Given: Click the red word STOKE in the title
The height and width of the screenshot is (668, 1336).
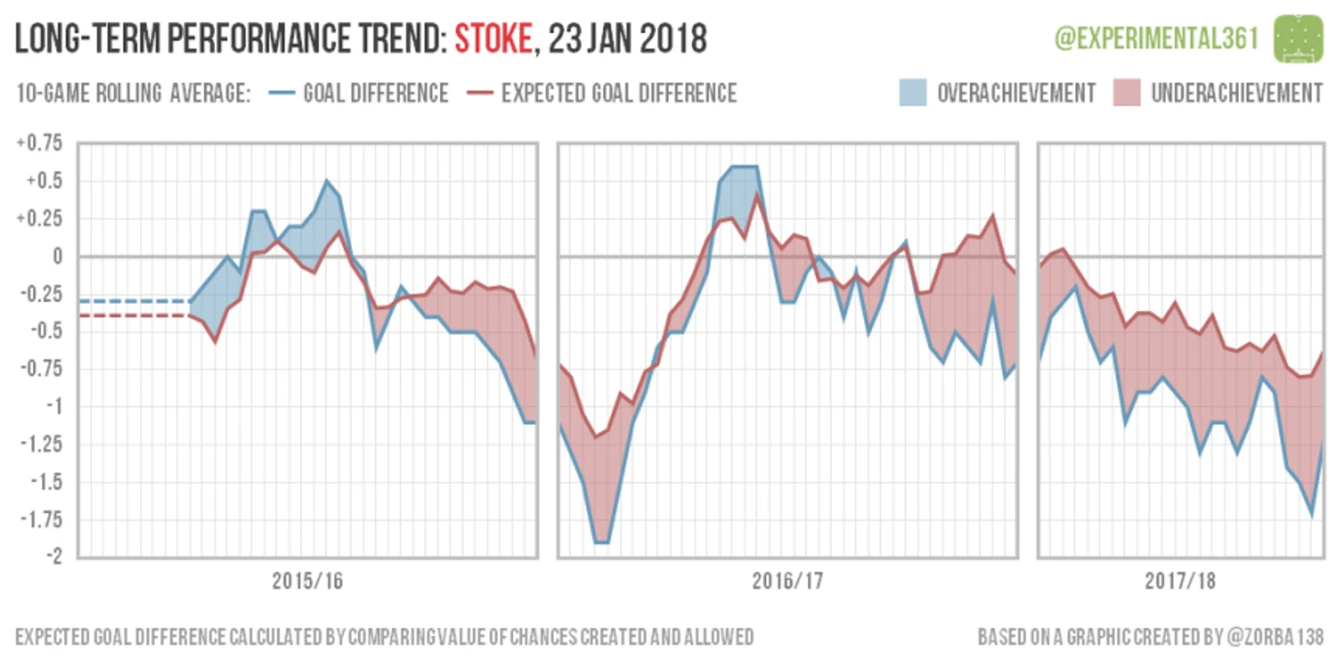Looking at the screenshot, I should (x=492, y=39).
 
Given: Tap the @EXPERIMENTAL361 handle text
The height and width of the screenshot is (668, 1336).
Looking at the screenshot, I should (x=1156, y=38).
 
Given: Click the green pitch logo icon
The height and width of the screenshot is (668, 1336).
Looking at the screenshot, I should (x=1298, y=38).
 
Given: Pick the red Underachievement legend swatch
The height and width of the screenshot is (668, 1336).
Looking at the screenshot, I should (x=1126, y=93).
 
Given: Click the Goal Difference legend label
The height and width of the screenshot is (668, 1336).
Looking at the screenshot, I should (x=375, y=93).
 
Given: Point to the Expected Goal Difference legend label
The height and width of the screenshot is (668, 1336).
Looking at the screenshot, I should (x=619, y=93).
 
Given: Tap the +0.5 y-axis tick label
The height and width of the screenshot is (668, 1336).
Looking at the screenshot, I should (x=44, y=180).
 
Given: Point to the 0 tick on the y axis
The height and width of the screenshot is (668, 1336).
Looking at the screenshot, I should (x=58, y=256).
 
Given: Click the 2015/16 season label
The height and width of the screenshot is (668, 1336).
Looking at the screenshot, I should (x=307, y=581).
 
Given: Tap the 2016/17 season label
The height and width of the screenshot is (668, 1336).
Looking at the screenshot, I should (x=787, y=581).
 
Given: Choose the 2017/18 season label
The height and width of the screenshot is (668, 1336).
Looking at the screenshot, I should (x=1180, y=581).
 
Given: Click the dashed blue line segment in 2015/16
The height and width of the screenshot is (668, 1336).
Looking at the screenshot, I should (x=133, y=301).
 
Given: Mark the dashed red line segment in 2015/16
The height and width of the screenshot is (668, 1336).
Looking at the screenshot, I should (x=133, y=316).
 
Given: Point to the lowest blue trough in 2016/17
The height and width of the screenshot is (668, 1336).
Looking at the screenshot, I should (x=601, y=542).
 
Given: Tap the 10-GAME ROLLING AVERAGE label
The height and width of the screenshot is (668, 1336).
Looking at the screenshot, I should (x=133, y=93).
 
